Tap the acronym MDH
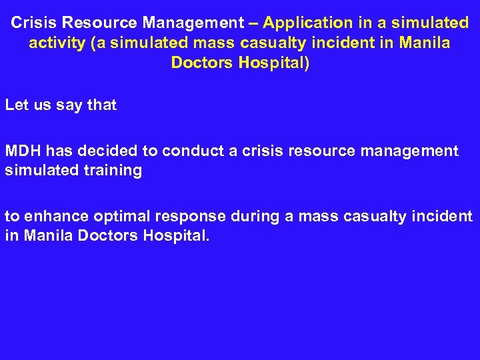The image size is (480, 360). coord(23,151)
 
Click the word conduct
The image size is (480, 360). coord(193,151)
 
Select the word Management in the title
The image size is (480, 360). coord(193,23)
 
